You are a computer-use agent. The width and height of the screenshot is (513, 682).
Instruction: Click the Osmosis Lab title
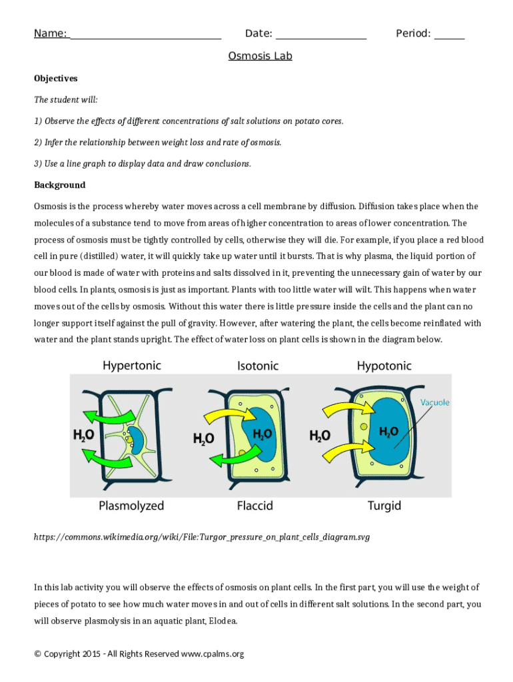click(x=260, y=56)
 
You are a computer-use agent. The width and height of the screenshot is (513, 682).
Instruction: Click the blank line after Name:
click(x=145, y=39)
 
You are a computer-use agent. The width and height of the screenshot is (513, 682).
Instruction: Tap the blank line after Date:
click(x=321, y=39)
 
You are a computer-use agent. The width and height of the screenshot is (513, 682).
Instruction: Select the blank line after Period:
click(x=450, y=39)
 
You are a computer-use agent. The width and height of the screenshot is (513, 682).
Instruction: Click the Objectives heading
click(x=56, y=79)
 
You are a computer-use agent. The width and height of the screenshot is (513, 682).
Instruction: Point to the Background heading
click(x=59, y=185)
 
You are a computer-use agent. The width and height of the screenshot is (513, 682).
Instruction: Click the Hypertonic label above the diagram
click(x=132, y=366)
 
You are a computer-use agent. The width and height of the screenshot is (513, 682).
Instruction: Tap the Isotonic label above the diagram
click(x=258, y=366)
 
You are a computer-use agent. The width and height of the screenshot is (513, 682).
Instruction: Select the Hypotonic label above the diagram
click(x=384, y=366)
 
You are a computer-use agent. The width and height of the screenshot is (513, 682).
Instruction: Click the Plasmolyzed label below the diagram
click(x=131, y=506)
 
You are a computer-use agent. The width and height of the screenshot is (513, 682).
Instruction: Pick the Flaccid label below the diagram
click(x=255, y=506)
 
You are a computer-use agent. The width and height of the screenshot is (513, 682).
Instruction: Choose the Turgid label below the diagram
click(x=384, y=506)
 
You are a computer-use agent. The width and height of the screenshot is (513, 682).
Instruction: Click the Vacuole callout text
click(x=434, y=402)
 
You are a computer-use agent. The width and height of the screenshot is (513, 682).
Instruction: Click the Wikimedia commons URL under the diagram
click(x=202, y=537)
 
